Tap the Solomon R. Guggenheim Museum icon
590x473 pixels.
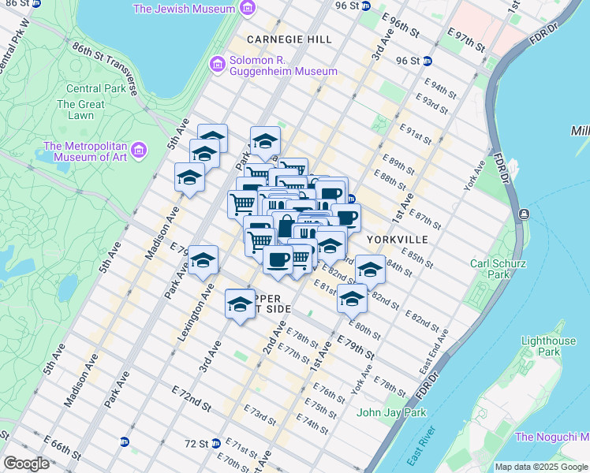(216, 64)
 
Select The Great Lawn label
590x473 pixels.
(80, 110)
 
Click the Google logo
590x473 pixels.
(26, 463)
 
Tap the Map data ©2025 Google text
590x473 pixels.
(540, 467)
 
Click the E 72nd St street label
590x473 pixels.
(191, 399)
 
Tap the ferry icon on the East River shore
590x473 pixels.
(524, 214)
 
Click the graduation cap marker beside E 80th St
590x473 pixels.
(353, 299)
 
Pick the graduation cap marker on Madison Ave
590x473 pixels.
(189, 177)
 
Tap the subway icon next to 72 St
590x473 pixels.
(216, 444)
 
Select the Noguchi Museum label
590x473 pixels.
(551, 437)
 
